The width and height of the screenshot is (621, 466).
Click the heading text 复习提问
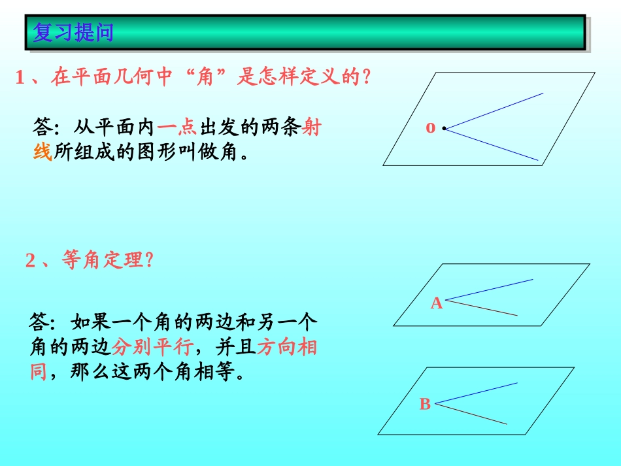[x=73, y=31]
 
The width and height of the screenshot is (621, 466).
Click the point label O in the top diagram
[x=430, y=128]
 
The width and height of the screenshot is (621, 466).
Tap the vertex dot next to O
[x=444, y=128]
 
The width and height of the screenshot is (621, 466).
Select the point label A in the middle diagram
[x=436, y=303]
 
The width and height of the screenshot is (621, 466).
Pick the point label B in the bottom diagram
[x=425, y=405]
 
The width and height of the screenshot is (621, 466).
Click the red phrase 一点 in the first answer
[x=177, y=127]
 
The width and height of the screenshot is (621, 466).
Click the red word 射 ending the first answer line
[x=312, y=127]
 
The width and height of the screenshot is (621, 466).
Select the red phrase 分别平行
[x=150, y=346]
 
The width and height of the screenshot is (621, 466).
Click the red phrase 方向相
[x=287, y=346]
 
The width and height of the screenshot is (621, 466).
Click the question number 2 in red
[x=30, y=261]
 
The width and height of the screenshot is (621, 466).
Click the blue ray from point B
[x=478, y=392]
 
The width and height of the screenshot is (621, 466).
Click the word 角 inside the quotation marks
[x=206, y=78]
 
